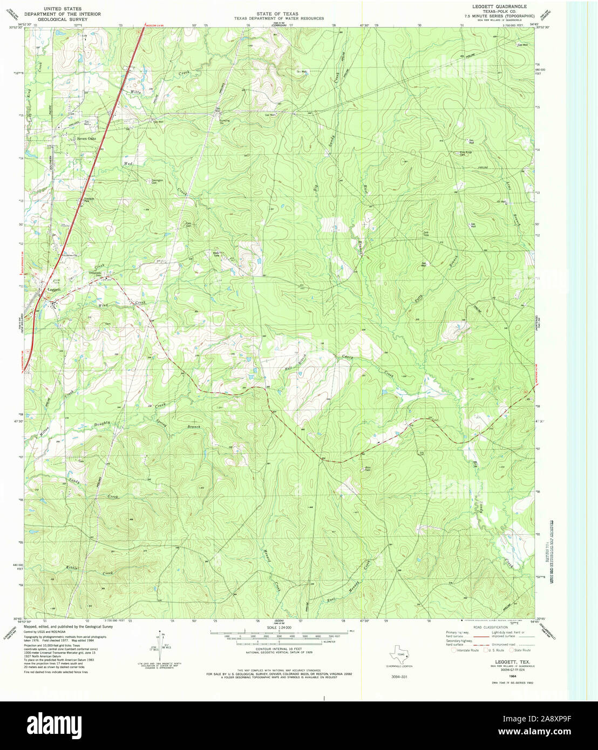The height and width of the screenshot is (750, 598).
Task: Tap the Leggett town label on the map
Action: (53, 290)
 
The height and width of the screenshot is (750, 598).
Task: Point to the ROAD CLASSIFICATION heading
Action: (491, 627)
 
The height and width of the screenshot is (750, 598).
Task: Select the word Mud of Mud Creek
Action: (128, 163)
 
